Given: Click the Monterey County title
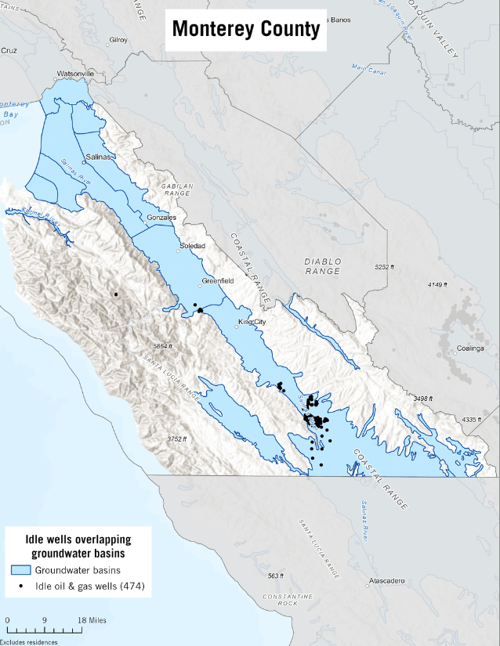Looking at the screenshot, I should click(x=245, y=29).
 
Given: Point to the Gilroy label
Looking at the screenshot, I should click(x=118, y=39).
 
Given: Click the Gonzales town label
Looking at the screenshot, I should click(x=161, y=217).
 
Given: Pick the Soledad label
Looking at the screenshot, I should click(x=192, y=246).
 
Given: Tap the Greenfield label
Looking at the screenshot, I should click(x=218, y=281).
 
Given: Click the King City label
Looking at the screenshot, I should click(x=252, y=322).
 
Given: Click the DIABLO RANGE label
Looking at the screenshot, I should click(x=323, y=266).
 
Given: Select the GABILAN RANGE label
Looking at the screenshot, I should click(x=177, y=189).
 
